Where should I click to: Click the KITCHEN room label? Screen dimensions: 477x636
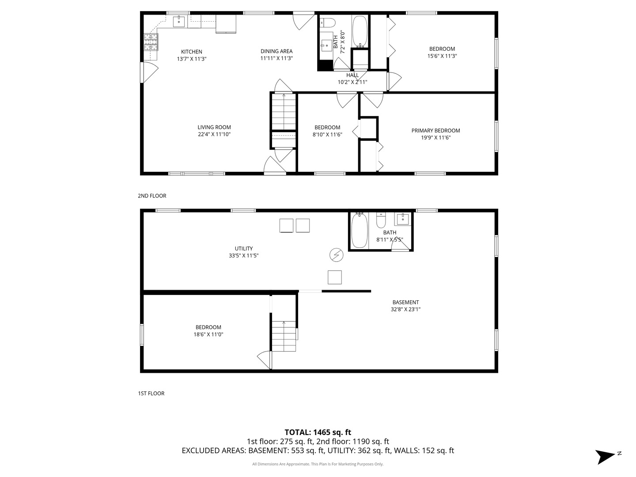[192, 52]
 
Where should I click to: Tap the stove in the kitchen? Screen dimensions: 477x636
[151, 42]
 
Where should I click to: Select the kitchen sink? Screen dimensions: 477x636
[178, 21]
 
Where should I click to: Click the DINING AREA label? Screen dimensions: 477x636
[276, 51]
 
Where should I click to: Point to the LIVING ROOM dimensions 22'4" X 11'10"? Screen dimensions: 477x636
[214, 134]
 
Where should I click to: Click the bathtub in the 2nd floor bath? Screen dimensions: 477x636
[360, 31]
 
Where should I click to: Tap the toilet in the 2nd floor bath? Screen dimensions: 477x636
[327, 22]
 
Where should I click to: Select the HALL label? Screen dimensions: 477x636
[352, 75]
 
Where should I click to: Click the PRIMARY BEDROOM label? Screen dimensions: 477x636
[435, 130]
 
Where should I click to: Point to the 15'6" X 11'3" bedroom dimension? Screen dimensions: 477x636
[442, 56]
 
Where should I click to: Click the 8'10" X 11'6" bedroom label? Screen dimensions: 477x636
[327, 127]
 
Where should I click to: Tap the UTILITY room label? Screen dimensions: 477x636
[243, 248]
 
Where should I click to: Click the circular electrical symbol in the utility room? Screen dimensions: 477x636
[336, 255]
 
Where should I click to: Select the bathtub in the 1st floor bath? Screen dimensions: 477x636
[359, 231]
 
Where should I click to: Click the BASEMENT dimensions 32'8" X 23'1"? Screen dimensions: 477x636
[405, 310]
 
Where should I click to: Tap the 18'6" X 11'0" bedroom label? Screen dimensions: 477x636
[208, 327]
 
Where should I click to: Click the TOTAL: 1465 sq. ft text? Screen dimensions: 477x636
[318, 432]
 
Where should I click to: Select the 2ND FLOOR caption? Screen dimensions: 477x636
[152, 196]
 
